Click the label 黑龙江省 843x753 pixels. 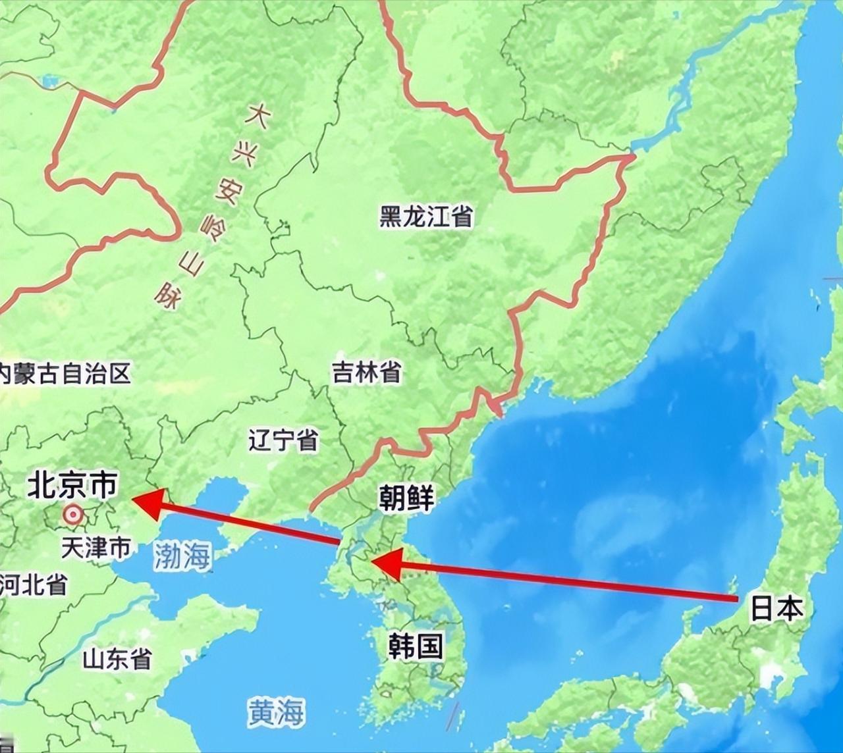(x=426, y=216)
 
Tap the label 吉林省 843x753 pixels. (x=366, y=373)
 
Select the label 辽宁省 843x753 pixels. (x=284, y=440)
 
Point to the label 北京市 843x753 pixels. (x=72, y=486)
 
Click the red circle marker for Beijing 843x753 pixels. (x=72, y=514)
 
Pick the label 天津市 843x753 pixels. (x=95, y=548)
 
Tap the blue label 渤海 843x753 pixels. (x=182, y=556)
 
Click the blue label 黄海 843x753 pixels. (x=277, y=712)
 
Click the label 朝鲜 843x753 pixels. (x=406, y=498)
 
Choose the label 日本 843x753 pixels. (x=777, y=609)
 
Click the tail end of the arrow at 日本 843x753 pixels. (x=734, y=598)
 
